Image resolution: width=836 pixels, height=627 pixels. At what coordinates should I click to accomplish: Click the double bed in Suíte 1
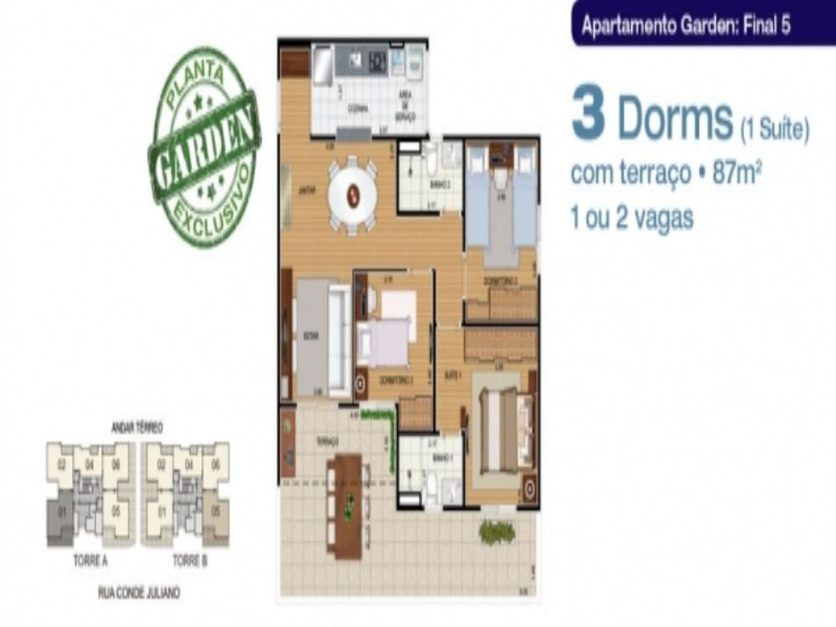point(500,431)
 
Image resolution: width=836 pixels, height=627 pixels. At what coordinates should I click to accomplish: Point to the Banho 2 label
point(440,184)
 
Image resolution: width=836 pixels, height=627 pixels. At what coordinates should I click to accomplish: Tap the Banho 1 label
point(441,459)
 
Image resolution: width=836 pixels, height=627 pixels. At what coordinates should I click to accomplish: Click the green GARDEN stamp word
point(206,148)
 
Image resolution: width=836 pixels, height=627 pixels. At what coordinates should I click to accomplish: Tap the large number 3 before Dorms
point(588,117)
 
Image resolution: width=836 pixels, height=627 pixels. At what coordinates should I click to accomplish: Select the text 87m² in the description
point(737,174)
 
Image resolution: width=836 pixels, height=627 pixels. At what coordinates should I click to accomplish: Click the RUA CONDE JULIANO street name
point(139,593)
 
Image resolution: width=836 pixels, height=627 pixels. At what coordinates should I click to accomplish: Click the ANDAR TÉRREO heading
point(137,428)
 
